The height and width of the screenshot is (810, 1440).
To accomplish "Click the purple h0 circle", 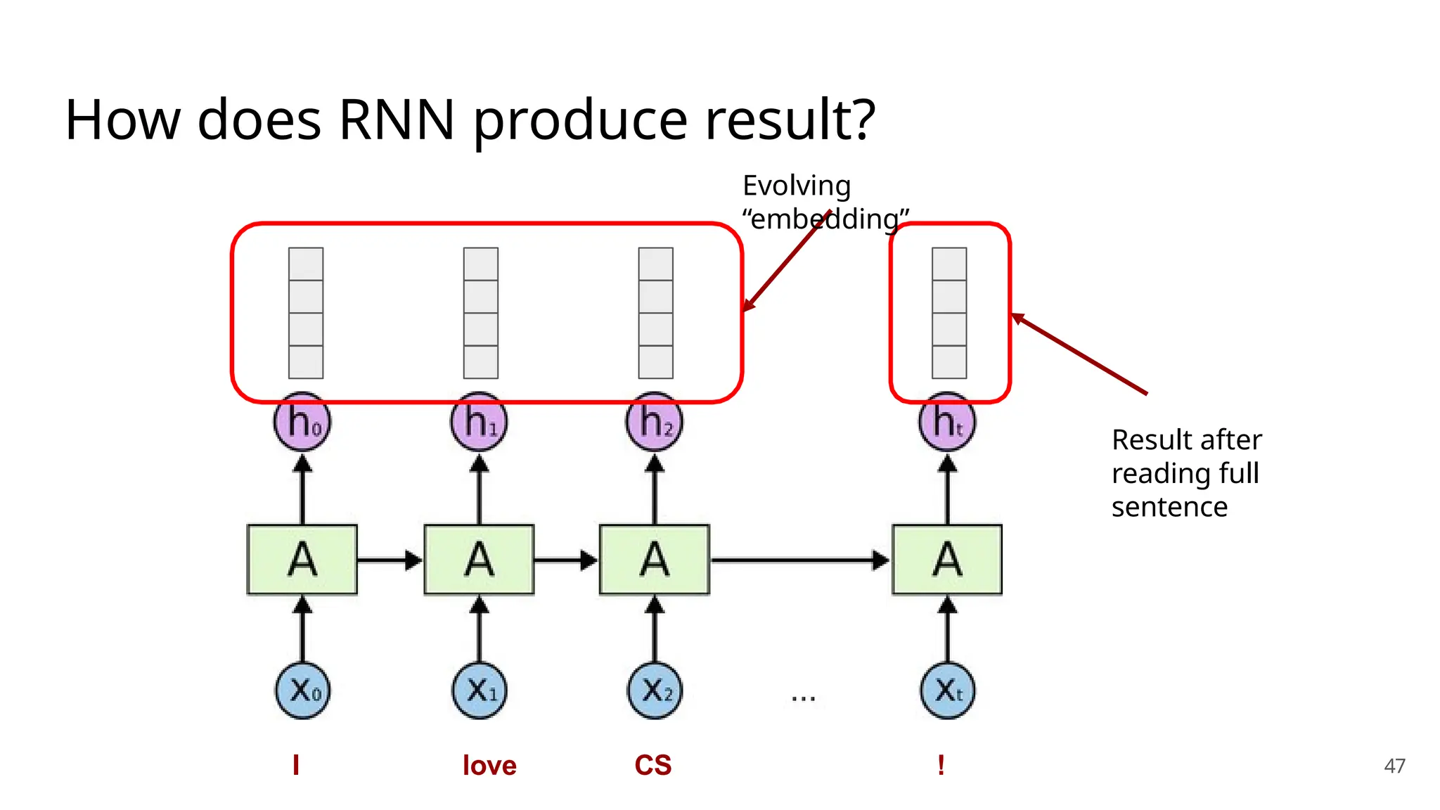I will tap(302, 423).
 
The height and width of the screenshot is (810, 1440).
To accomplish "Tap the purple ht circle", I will tap(947, 423).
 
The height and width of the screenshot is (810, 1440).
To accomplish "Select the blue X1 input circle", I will tap(480, 690).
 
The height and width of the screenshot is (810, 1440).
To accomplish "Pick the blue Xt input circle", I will tap(947, 690).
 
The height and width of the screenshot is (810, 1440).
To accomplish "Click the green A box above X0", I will tap(302, 560).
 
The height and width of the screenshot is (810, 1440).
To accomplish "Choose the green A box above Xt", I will tap(947, 560).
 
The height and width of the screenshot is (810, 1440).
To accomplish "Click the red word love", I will tap(489, 765).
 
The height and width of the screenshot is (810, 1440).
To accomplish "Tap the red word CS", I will tap(652, 765).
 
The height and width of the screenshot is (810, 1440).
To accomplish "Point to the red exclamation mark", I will tap(941, 765).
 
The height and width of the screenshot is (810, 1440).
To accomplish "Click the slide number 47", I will tap(1394, 766).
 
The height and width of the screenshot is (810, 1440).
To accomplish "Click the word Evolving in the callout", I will tap(797, 186).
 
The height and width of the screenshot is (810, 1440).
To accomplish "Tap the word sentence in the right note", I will tap(1169, 507).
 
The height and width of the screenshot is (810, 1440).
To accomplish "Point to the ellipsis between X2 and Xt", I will tap(803, 698).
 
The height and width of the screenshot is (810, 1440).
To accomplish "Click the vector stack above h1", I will tap(481, 313).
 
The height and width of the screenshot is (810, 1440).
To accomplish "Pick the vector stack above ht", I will tap(949, 313).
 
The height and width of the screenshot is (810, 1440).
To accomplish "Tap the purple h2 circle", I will tap(655, 423).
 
